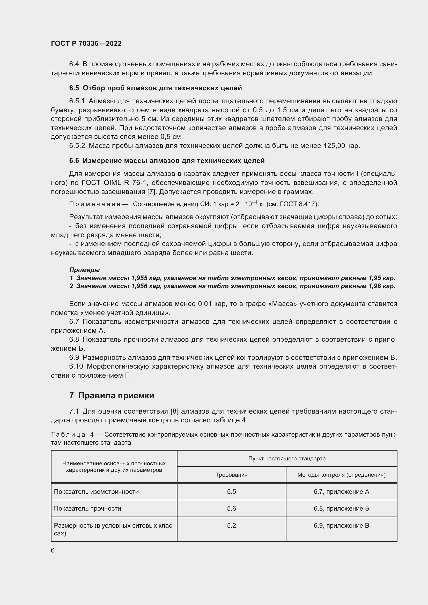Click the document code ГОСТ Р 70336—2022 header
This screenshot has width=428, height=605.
86,43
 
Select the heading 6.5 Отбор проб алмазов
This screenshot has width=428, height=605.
156,88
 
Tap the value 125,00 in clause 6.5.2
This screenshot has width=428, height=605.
334,146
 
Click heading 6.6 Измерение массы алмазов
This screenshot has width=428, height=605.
167,161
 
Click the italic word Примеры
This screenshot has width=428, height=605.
84,270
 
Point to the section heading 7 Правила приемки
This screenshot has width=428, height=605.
112,395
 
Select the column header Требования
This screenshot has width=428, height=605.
231,475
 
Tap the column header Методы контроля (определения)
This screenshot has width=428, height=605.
341,475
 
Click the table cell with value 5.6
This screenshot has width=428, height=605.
231,508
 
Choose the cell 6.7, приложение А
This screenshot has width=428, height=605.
341,491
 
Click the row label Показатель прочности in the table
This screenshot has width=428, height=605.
87,508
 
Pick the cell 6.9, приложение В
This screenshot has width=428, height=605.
341,525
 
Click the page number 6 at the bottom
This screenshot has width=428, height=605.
53,550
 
